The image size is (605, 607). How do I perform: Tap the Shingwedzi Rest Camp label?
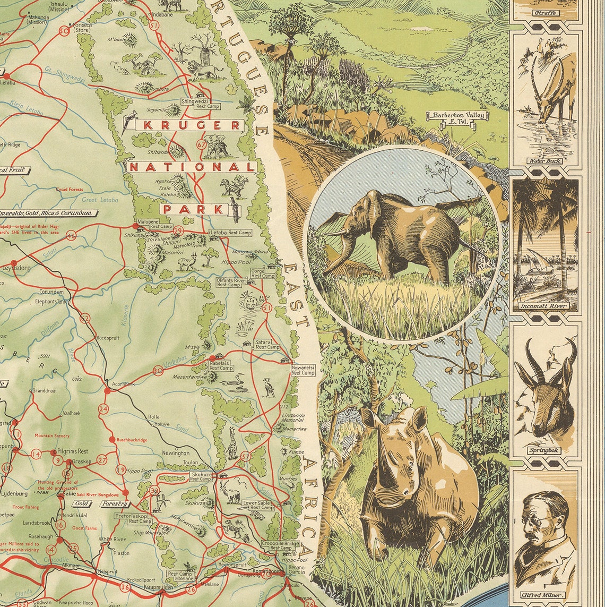(x=196, y=103)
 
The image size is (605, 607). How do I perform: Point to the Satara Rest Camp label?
(x=267, y=344)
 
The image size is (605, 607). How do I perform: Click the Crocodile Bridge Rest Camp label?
(x=280, y=545)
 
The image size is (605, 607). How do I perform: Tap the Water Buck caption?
(x=544, y=161)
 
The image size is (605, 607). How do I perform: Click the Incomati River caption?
(x=544, y=306)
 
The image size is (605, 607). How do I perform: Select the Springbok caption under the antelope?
(x=544, y=450)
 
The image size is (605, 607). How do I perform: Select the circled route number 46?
(x=71, y=236)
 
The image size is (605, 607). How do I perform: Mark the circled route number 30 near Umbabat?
(x=158, y=371)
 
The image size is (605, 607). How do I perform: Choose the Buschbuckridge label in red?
(x=132, y=440)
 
